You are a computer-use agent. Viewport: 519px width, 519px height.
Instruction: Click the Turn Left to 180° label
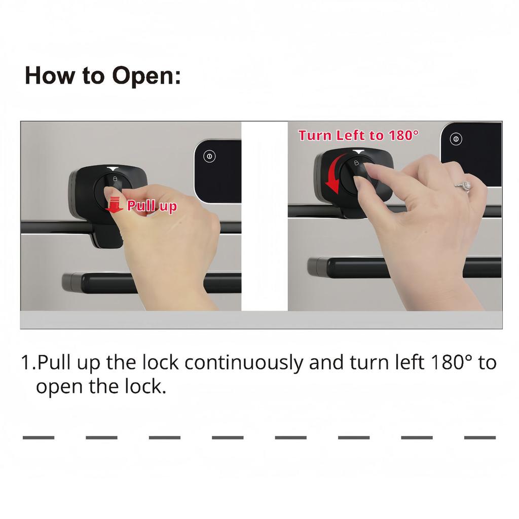click(x=358, y=135)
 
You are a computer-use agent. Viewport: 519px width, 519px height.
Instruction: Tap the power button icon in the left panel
click(x=209, y=156)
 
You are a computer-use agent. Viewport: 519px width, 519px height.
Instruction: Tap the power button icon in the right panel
click(x=456, y=139)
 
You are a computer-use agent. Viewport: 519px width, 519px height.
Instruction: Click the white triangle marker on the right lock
click(x=358, y=152)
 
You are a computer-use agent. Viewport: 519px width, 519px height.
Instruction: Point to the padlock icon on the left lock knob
click(x=116, y=179)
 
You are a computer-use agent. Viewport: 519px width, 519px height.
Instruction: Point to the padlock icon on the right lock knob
click(x=356, y=163)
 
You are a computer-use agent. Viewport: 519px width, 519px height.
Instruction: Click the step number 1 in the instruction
click(x=26, y=363)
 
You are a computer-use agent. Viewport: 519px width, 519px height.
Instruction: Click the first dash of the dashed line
click(x=39, y=437)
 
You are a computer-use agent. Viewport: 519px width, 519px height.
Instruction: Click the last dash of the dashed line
click(x=479, y=437)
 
